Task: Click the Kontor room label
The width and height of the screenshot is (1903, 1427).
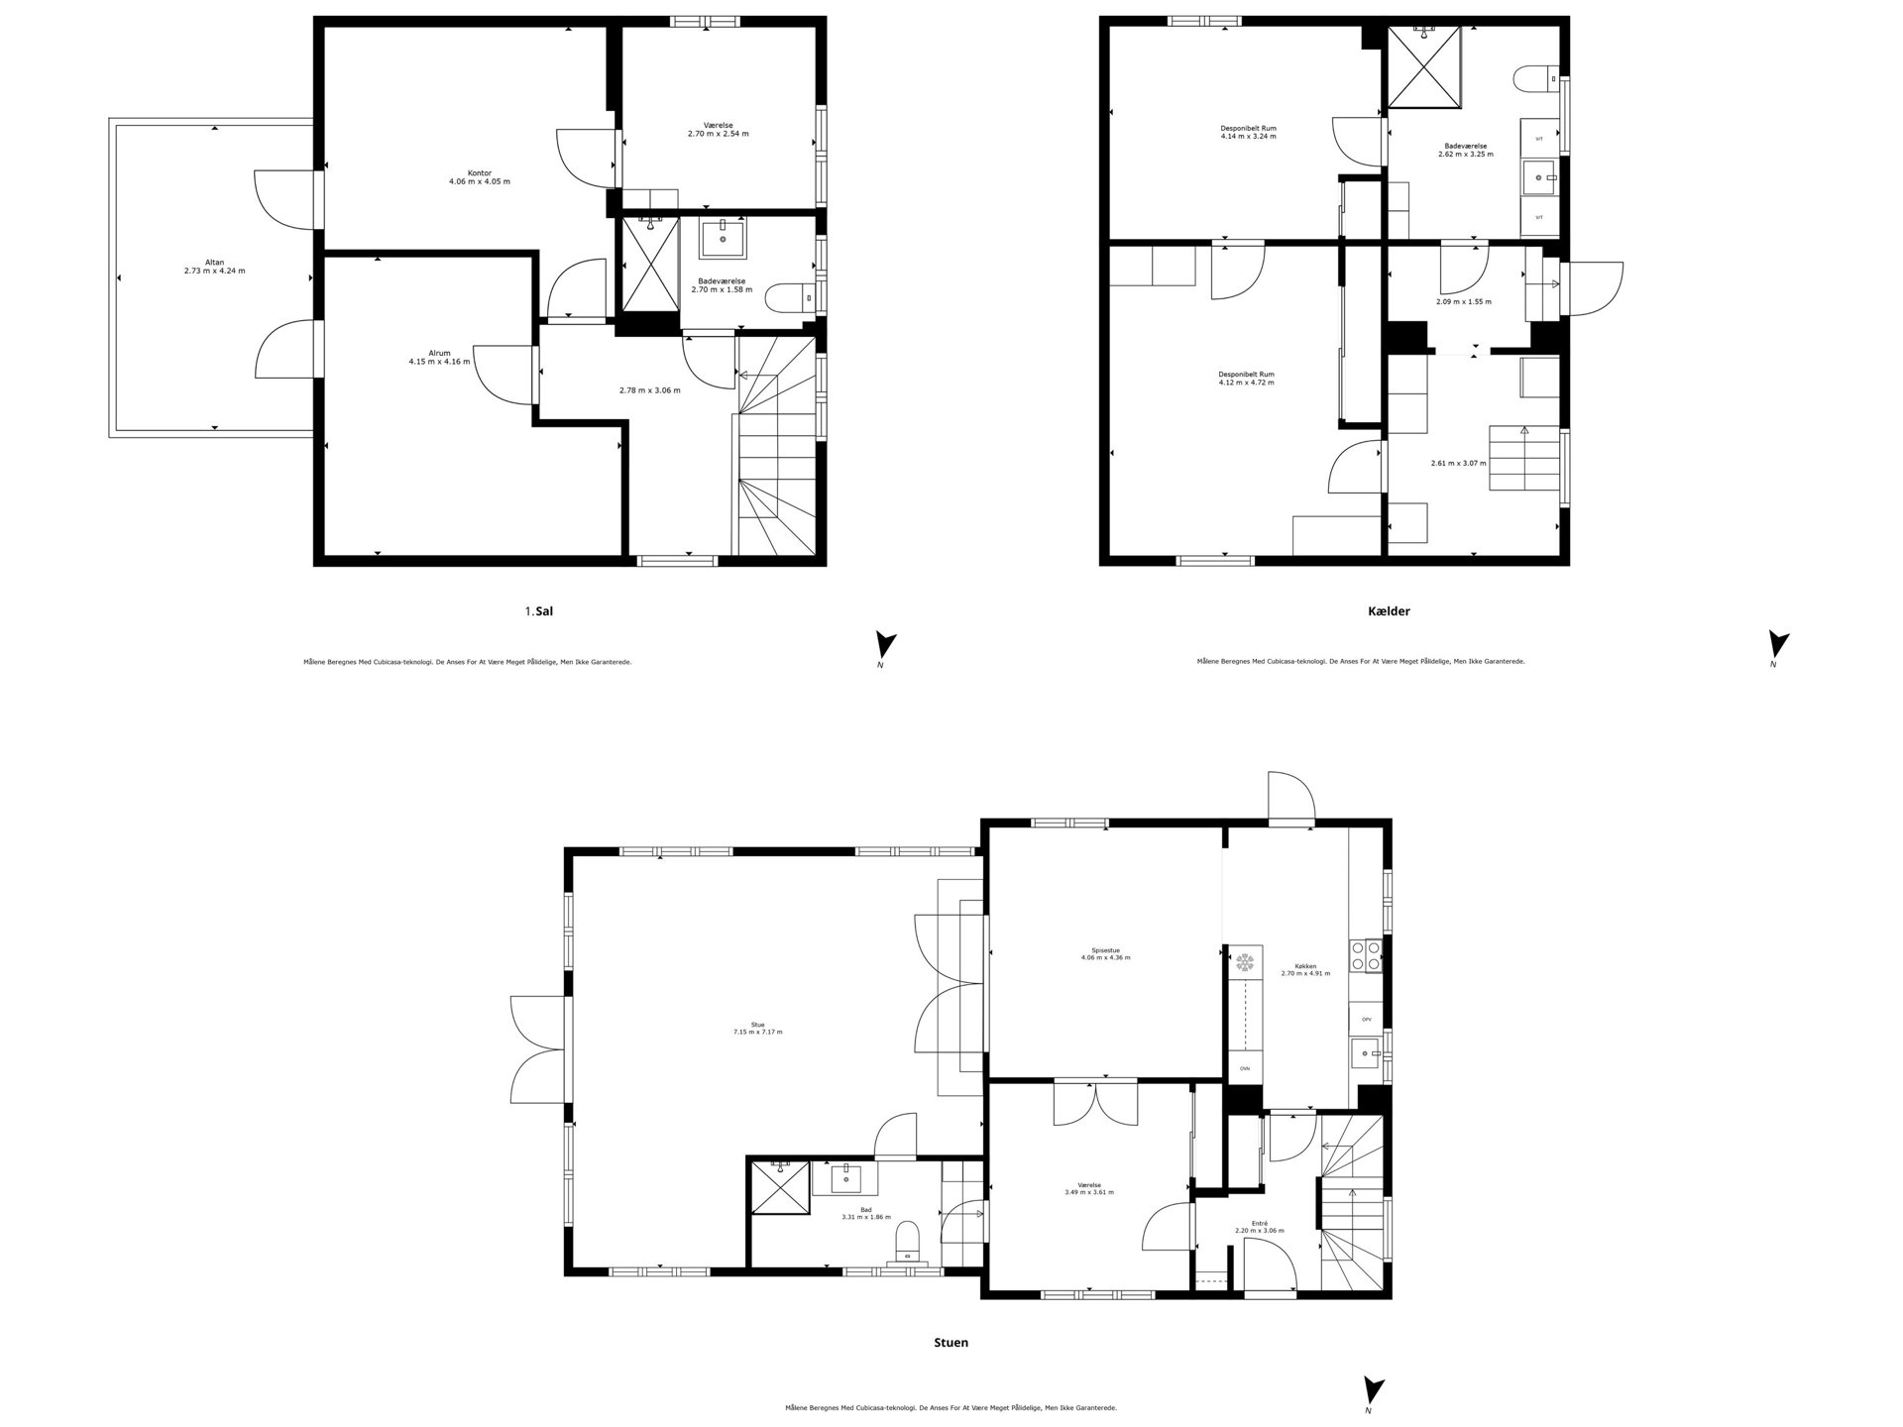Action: pyautogui.click(x=480, y=173)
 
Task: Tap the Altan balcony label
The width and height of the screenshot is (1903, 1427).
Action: pyautogui.click(x=214, y=263)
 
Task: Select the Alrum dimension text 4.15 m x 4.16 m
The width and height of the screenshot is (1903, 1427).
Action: pyautogui.click(x=439, y=362)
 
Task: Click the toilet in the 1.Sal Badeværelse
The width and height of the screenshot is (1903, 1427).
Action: pyautogui.click(x=794, y=296)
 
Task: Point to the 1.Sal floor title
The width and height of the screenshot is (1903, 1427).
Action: pyautogui.click(x=539, y=611)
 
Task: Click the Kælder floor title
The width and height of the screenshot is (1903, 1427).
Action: pyautogui.click(x=1388, y=611)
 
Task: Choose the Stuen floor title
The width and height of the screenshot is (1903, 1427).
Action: pyautogui.click(x=951, y=1343)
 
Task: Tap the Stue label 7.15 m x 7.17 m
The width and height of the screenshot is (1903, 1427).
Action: pyautogui.click(x=757, y=1032)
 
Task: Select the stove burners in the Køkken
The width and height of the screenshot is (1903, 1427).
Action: pyautogui.click(x=1365, y=955)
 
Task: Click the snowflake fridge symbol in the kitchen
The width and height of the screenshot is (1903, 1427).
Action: pyautogui.click(x=1245, y=961)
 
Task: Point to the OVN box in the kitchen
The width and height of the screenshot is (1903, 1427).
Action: pyautogui.click(x=1245, y=1068)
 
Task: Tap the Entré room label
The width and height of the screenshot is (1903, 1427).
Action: pyautogui.click(x=1259, y=1223)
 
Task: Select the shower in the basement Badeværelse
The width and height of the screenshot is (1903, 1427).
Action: pyautogui.click(x=1425, y=66)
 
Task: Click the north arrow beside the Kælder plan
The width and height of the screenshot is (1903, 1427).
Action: pyautogui.click(x=1780, y=646)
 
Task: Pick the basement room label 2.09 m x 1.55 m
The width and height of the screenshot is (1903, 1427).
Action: pyautogui.click(x=1463, y=301)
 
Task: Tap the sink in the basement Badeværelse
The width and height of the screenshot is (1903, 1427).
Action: pyautogui.click(x=1539, y=179)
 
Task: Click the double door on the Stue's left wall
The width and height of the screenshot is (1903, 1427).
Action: pyautogui.click(x=537, y=1050)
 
